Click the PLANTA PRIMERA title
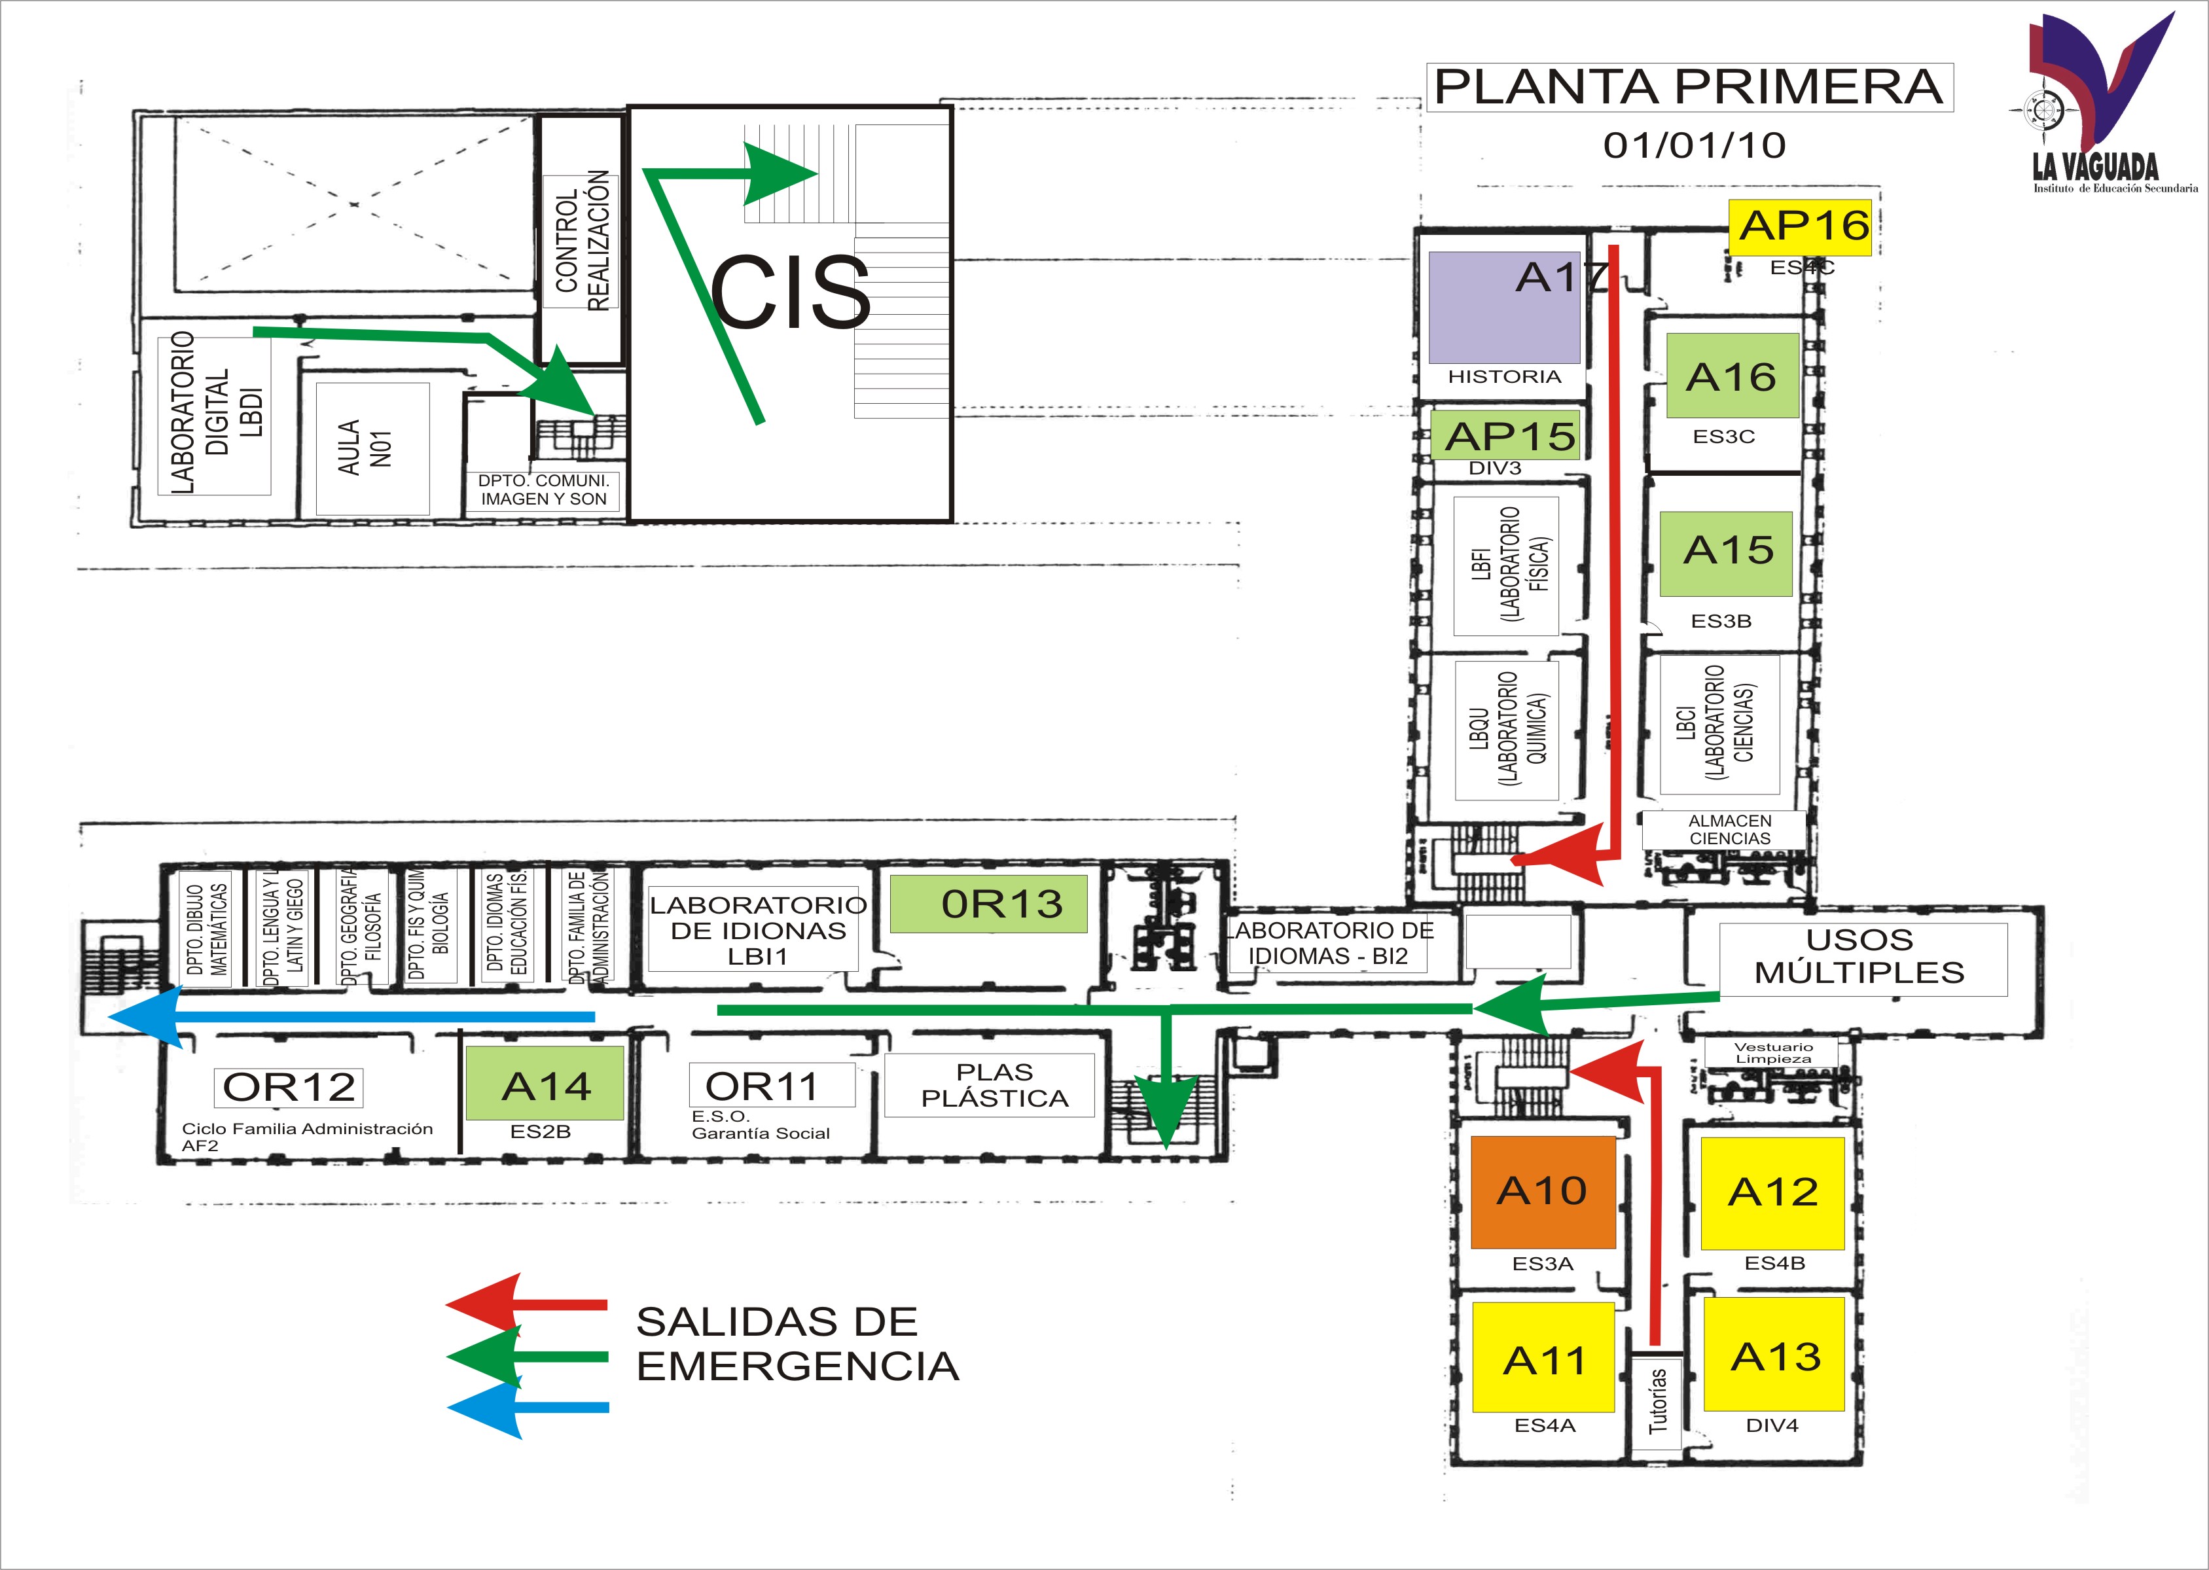(1688, 87)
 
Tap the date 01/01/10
(1694, 145)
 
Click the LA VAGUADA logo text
(2094, 166)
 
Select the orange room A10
(1542, 1191)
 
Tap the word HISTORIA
(1503, 376)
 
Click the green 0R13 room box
(988, 904)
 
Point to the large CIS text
(790, 291)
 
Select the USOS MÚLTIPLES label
(1859, 956)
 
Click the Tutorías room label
(1657, 1400)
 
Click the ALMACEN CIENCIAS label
(1729, 829)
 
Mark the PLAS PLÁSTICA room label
(993, 1084)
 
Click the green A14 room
(545, 1084)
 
